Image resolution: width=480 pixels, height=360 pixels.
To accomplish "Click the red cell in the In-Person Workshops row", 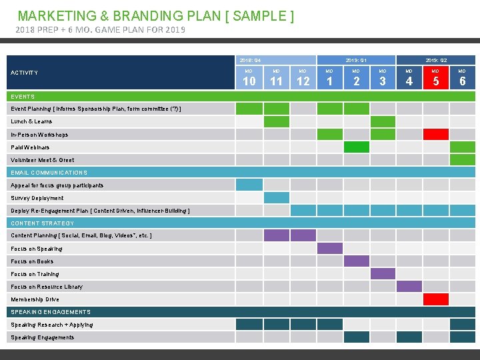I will tap(436, 134).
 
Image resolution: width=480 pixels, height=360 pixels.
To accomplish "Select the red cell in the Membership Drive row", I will tap(436, 299).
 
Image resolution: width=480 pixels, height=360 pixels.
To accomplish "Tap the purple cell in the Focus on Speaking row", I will tap(329, 249).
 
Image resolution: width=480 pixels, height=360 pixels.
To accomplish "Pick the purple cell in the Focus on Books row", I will tap(356, 261).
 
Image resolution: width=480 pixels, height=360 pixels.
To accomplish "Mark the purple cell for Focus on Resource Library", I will tap(409, 287).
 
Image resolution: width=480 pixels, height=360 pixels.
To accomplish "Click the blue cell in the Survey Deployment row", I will tap(276, 198).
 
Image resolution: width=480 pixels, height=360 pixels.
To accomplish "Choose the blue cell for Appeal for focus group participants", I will tap(249, 185).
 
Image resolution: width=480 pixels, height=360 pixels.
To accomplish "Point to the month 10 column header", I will tap(249, 81).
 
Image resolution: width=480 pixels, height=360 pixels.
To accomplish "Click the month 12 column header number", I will tap(303, 81).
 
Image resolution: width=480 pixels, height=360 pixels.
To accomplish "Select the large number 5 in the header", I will tap(436, 81).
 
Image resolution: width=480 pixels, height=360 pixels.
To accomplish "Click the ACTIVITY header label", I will tap(25, 73).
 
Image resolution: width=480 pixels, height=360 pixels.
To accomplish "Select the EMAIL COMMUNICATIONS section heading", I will tap(49, 173).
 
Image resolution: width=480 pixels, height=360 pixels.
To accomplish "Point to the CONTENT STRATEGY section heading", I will tap(42, 223).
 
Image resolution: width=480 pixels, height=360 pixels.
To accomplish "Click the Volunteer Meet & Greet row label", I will tap(43, 160).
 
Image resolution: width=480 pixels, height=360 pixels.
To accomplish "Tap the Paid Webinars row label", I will tap(30, 147).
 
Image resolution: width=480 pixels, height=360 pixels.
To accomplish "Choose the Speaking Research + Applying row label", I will tap(52, 325).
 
